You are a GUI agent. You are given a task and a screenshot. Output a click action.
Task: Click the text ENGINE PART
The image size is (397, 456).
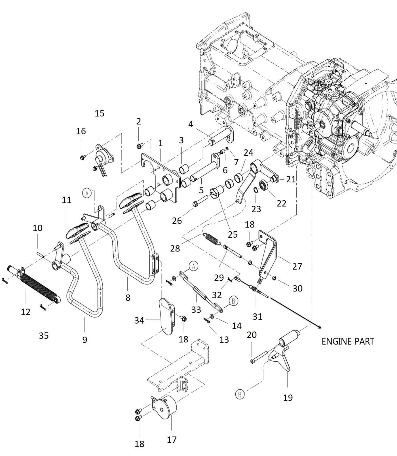(x=348, y=341)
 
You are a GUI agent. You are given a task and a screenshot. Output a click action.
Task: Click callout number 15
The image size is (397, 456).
(x=100, y=113)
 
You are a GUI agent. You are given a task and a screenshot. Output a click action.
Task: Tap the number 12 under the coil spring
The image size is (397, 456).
(x=26, y=312)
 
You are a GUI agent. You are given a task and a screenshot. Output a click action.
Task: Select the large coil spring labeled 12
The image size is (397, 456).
(x=38, y=286)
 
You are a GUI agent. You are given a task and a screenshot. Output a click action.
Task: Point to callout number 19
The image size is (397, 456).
(x=288, y=398)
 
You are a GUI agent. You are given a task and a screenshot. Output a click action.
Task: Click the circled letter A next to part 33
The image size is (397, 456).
(x=193, y=266)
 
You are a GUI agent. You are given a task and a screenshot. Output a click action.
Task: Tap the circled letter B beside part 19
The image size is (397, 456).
(x=240, y=394)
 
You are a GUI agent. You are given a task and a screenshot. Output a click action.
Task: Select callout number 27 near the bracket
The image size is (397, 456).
(x=297, y=266)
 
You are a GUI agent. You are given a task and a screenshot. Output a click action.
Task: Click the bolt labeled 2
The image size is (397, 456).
(x=139, y=146)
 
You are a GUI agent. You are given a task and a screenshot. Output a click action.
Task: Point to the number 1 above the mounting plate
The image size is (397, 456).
(x=160, y=143)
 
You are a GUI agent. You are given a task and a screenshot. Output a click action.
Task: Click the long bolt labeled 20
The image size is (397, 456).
(x=259, y=357)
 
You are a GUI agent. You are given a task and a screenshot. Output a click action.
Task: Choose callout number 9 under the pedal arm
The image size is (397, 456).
(x=85, y=339)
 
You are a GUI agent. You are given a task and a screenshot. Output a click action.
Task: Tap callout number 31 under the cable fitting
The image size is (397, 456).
(x=257, y=316)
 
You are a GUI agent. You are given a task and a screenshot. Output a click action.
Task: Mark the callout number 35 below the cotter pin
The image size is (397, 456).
(x=44, y=335)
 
